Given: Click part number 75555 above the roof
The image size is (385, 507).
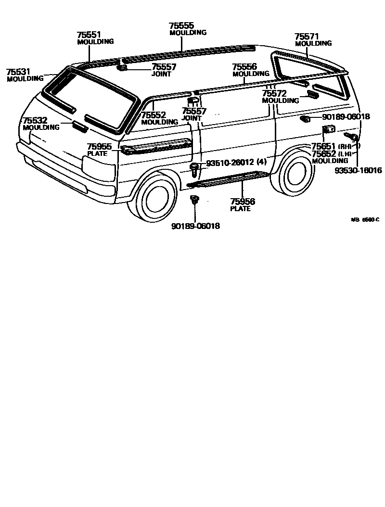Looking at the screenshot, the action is (x=181, y=25).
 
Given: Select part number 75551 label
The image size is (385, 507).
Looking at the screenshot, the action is (x=89, y=35).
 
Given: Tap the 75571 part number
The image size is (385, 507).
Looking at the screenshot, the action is (x=307, y=36).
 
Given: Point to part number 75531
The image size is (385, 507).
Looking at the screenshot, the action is (x=18, y=72).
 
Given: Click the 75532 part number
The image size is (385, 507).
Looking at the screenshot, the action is (x=35, y=120).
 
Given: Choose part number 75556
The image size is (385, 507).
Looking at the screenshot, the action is (x=244, y=67).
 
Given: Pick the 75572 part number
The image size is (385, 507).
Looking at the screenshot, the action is (x=274, y=93).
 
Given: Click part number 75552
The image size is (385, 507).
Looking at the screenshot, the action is (x=154, y=115).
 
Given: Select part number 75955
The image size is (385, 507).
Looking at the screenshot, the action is (x=100, y=146).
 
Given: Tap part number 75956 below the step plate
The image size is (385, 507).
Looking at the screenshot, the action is (x=243, y=202).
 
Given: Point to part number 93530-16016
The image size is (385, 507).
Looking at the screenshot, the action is (x=359, y=170).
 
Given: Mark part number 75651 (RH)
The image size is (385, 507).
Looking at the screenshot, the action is (x=324, y=146).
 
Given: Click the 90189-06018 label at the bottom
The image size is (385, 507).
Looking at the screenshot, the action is (x=195, y=226).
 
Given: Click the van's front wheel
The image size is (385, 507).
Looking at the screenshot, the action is (x=156, y=199).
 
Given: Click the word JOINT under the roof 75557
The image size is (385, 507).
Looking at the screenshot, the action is (x=162, y=74).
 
